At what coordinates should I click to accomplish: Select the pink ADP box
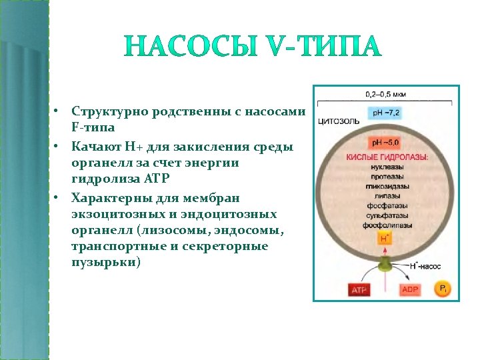tap(410, 290)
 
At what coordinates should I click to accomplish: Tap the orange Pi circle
tap(442, 289)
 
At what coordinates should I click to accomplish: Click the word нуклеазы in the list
tap(385, 167)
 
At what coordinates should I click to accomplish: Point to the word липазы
tap(385, 197)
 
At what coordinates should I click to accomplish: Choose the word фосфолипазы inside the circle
tap(385, 226)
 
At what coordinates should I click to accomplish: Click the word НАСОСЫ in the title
tap(179, 47)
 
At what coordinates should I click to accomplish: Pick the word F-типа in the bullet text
tap(94, 126)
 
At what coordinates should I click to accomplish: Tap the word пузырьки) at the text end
tap(106, 262)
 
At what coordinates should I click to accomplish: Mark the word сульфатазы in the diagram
tap(385, 216)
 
